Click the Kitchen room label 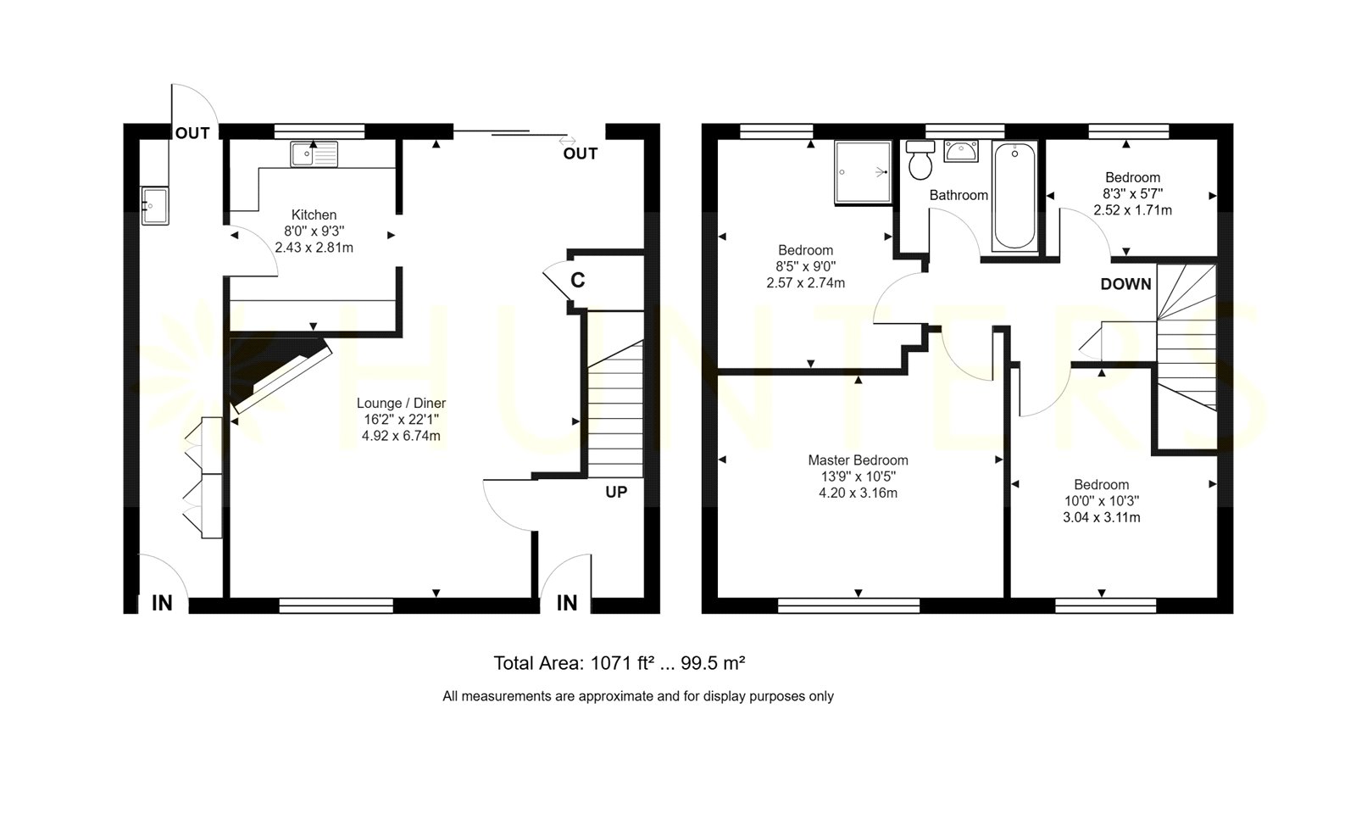coord(314,215)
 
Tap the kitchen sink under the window coord(313,153)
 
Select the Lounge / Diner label coord(401,403)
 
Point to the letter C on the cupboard coord(577,280)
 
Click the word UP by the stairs coord(616,492)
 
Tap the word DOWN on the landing coord(1125,284)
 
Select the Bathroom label coord(959,195)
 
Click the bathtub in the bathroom coord(1014,196)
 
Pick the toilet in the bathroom coord(920,160)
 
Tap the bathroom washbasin coord(961,152)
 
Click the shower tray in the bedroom coord(863,172)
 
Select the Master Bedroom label coord(858,460)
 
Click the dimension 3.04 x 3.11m coord(1101,517)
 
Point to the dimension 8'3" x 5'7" coord(1132,194)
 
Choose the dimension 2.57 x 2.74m coord(805,283)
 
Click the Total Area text coord(619,663)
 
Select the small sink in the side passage coord(155,206)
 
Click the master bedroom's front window coord(848,605)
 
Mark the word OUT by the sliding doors coord(580,153)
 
